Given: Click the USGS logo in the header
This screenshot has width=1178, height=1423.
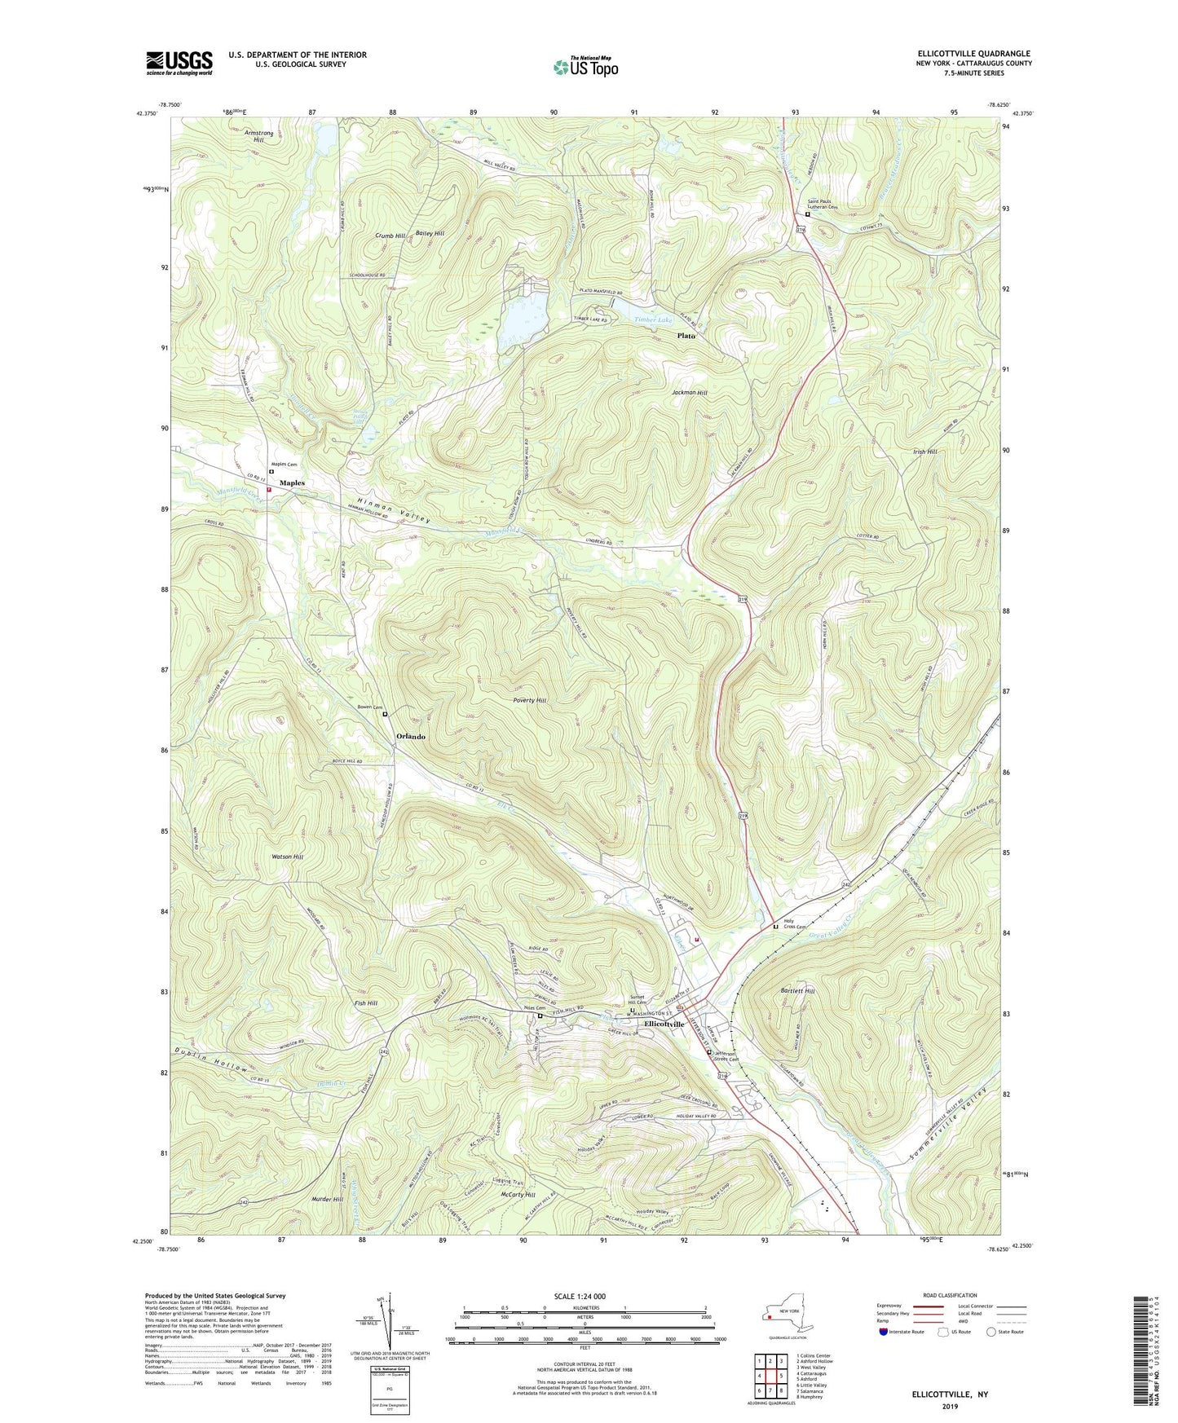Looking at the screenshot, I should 179,62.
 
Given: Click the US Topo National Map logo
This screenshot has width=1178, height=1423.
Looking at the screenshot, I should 585,66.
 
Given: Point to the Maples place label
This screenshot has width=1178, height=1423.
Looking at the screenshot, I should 292,483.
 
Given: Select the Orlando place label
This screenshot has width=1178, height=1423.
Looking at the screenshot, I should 410,737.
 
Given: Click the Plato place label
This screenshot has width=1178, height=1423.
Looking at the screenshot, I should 686,336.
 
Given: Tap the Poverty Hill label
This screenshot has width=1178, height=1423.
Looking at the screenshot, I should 530,701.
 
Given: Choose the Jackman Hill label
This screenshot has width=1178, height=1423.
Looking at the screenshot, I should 690,393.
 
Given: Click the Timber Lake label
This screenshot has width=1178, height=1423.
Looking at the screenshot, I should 654,320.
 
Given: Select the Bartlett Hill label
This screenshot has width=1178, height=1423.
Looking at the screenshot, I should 797,991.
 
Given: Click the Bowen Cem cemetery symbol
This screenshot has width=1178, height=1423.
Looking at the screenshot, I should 385,714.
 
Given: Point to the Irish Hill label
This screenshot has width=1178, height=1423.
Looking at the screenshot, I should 925,452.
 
